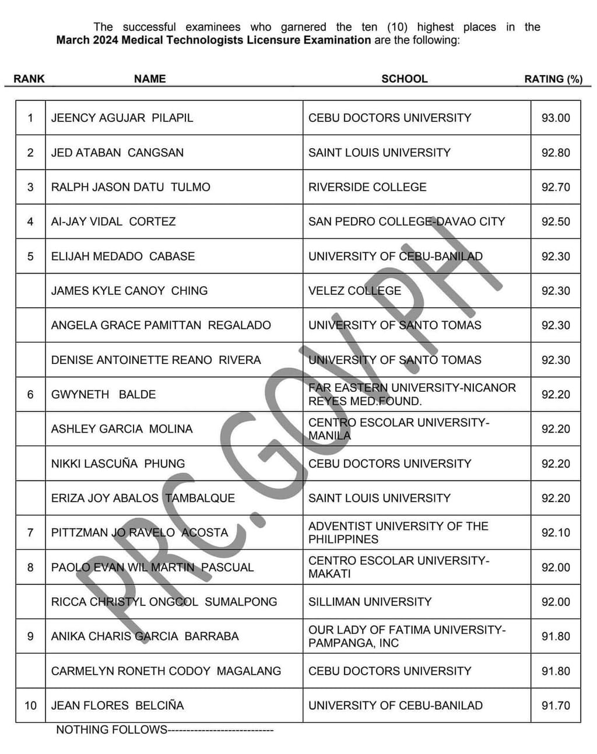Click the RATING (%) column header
tap(553, 79)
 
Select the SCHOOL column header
tap(404, 79)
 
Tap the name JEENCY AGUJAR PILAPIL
tap(122, 118)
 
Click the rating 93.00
tap(556, 118)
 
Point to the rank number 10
tap(30, 706)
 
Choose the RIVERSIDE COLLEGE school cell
tap(367, 187)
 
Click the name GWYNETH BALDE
tap(103, 395)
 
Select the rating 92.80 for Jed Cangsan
tap(556, 153)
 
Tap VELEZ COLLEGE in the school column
tap(354, 291)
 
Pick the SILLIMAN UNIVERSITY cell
tap(370, 602)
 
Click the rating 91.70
tap(556, 706)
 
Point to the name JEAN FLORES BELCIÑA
tap(117, 706)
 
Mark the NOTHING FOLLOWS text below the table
tap(111, 730)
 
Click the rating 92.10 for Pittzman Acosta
tap(556, 533)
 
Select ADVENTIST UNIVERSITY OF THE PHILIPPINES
tap(398, 533)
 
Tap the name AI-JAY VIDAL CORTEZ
tap(113, 222)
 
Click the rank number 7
tap(30, 533)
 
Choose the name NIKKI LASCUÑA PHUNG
tap(118, 464)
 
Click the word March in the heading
tap(72, 40)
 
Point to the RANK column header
tap(29, 79)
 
